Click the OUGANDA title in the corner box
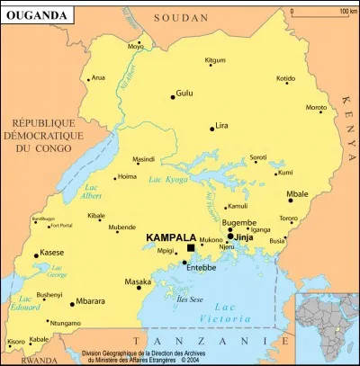[35, 14]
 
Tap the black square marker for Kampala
[191, 247]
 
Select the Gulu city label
[184, 93]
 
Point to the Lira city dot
[212, 129]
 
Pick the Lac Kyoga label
[173, 181]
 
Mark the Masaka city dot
[148, 288]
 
